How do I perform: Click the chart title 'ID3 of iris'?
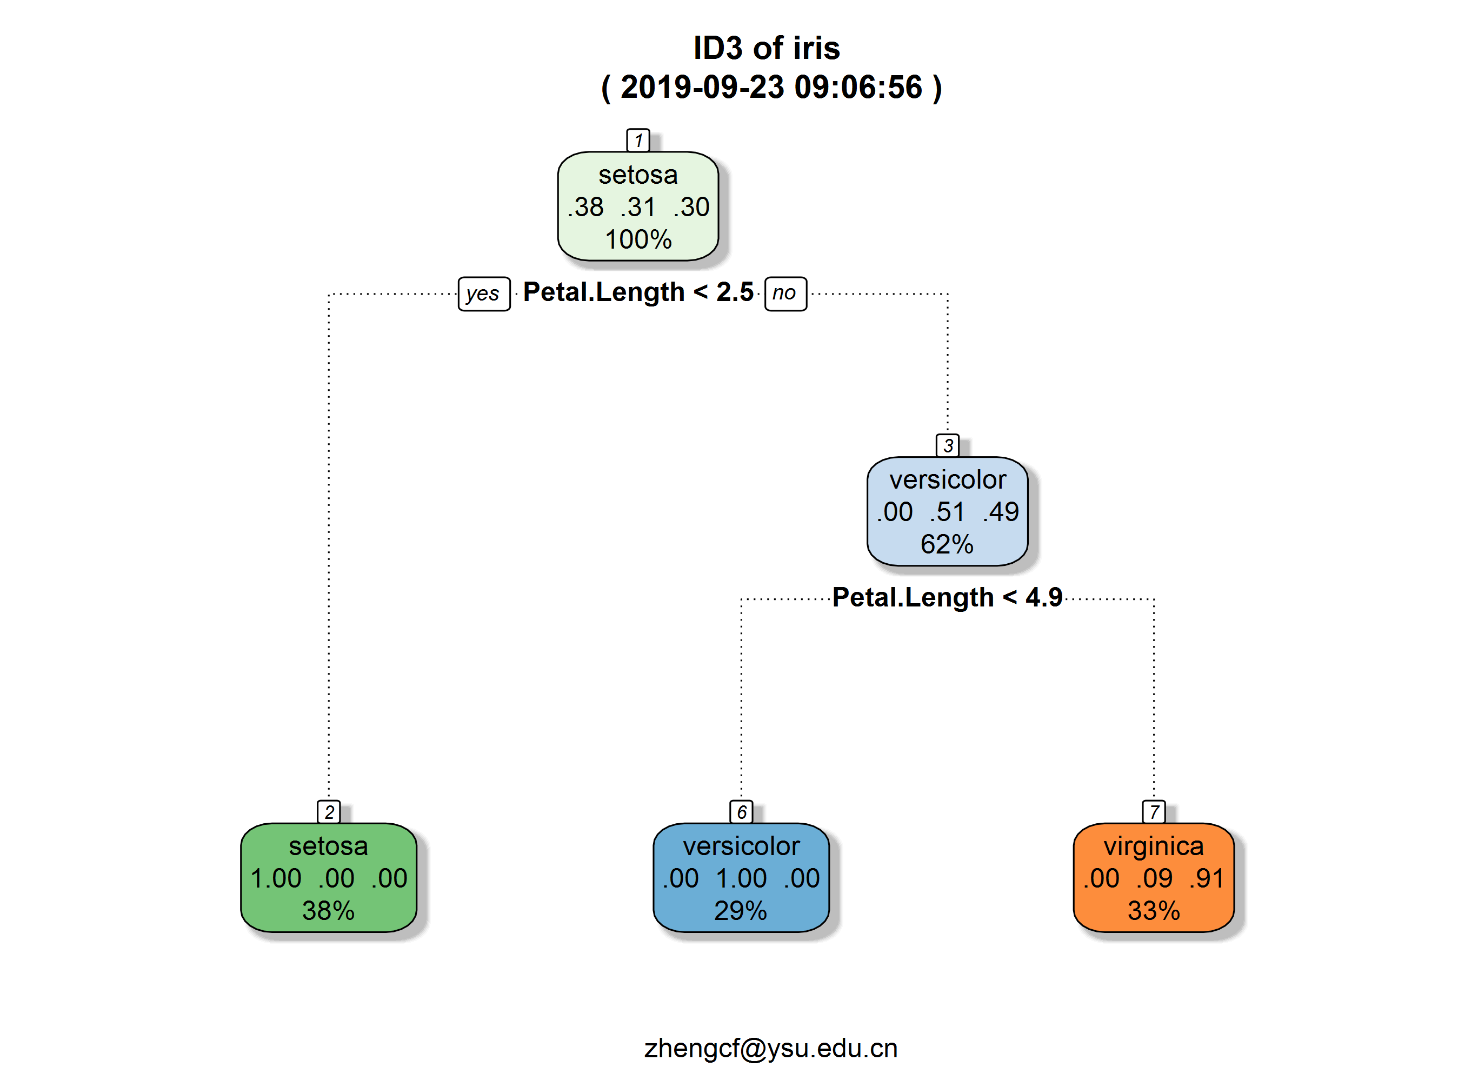[767, 48]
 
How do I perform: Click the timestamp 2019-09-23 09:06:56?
[771, 87]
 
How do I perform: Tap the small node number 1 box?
[638, 140]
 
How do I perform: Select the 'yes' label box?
[483, 294]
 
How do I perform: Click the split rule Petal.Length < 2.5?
[638, 292]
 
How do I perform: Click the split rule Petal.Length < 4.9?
[947, 597]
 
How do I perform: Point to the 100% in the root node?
[638, 239]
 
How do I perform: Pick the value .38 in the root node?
[586, 207]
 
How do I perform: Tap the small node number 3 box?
[948, 445]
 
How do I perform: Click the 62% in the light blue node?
[947, 544]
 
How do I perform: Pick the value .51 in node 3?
[947, 512]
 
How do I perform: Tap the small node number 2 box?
[329, 812]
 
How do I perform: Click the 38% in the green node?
[329, 910]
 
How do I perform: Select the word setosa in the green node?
[329, 846]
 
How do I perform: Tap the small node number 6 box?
[741, 812]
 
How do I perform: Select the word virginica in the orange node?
[1154, 846]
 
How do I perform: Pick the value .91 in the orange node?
[1206, 878]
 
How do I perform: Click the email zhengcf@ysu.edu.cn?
[771, 1048]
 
